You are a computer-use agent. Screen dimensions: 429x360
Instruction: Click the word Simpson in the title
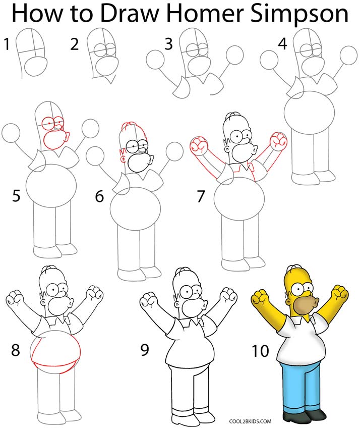301,15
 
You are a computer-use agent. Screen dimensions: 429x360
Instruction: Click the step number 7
201,196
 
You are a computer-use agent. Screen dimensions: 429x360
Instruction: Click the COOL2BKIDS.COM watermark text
251,419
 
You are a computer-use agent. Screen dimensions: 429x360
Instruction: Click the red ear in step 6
123,153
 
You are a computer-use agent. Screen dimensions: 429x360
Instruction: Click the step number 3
168,44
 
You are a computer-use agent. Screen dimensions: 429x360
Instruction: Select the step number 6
99,196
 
